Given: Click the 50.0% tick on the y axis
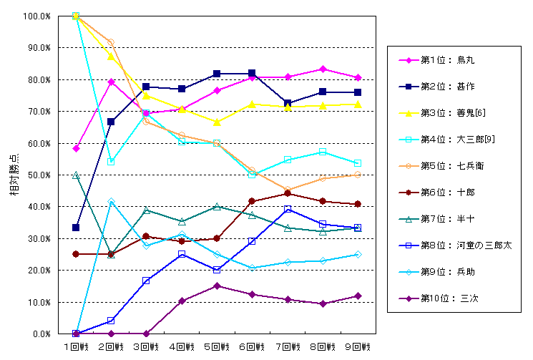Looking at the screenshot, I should point(36,175).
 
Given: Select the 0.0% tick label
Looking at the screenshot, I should point(39,334).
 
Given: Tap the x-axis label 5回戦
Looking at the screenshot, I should point(216,346).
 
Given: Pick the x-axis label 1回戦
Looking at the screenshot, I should point(75,346).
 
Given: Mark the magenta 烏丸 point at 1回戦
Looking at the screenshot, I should point(76,148).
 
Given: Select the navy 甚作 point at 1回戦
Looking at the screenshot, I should point(76,228).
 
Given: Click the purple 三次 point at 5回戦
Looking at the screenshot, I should point(216,286).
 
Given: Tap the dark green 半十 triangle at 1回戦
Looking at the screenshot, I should point(76,175).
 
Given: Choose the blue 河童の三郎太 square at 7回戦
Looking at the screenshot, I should point(287,209).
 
